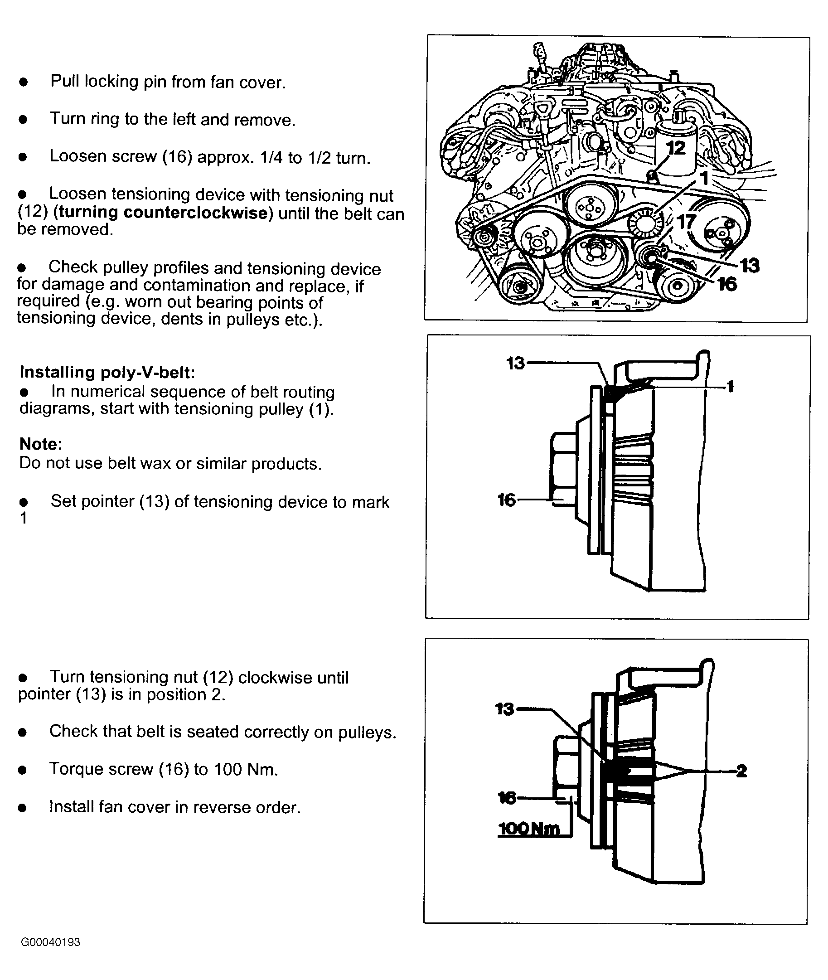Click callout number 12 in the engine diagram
pyautogui.click(x=675, y=148)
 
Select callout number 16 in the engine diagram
pyautogui.click(x=727, y=284)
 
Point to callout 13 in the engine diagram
pyautogui.click(x=750, y=266)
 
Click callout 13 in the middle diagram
pyautogui.click(x=515, y=363)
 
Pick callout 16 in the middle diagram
pyautogui.click(x=507, y=500)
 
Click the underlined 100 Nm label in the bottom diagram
pyautogui.click(x=529, y=829)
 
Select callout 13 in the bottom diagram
pyautogui.click(x=504, y=709)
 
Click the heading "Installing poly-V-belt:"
pyautogui.click(x=107, y=372)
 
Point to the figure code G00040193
pyautogui.click(x=50, y=942)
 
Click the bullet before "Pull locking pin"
pyautogui.click(x=24, y=82)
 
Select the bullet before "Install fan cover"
pyautogui.click(x=23, y=808)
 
